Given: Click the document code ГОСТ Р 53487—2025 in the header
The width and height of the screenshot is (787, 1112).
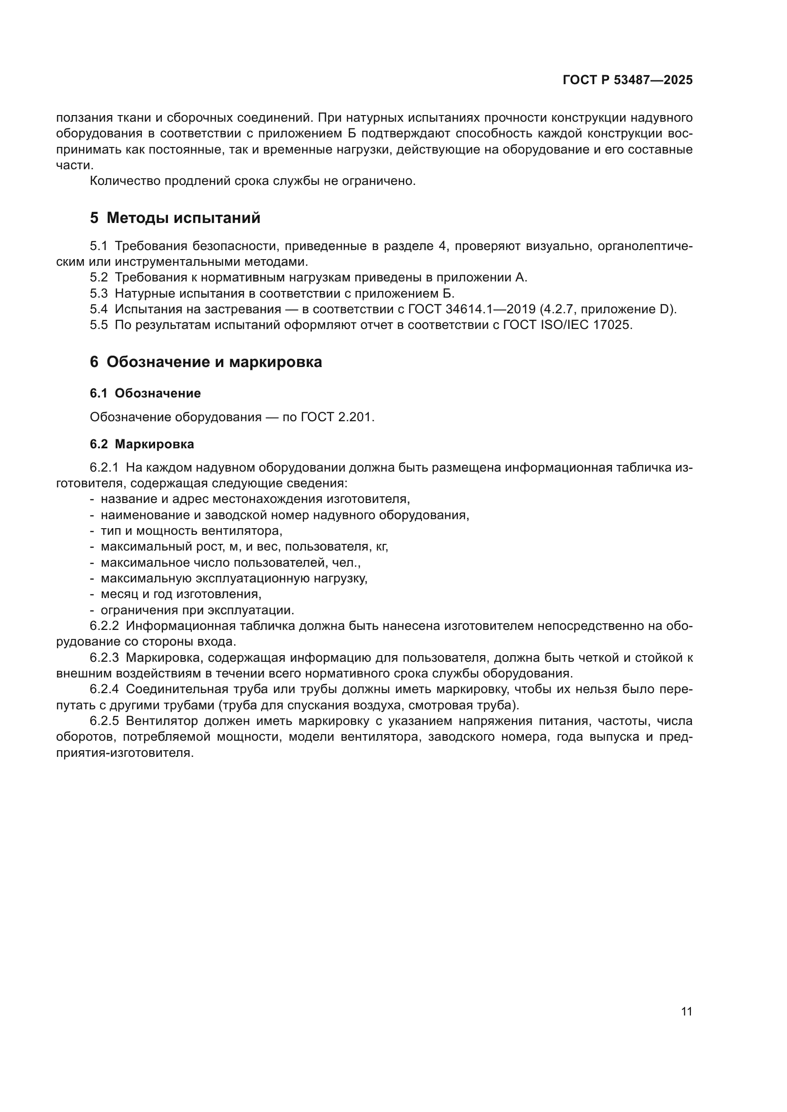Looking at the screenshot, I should point(628,80).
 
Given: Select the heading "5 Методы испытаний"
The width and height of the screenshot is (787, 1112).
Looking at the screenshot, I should point(175,218).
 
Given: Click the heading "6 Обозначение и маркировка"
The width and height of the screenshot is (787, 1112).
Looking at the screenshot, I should point(206,362).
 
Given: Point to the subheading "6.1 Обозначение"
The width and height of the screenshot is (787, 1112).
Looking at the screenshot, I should point(145,393).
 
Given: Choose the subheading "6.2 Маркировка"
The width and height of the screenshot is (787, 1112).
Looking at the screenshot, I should point(141,444).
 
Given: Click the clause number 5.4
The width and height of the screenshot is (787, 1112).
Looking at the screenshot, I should point(98,309).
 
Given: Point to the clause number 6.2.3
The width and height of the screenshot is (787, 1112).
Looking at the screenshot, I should point(104,658).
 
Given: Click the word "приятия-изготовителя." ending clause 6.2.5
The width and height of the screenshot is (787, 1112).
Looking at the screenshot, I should point(125,753).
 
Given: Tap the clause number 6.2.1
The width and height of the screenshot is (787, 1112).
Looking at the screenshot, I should point(104,467).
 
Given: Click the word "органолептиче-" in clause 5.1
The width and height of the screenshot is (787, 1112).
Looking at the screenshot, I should point(645,246).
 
